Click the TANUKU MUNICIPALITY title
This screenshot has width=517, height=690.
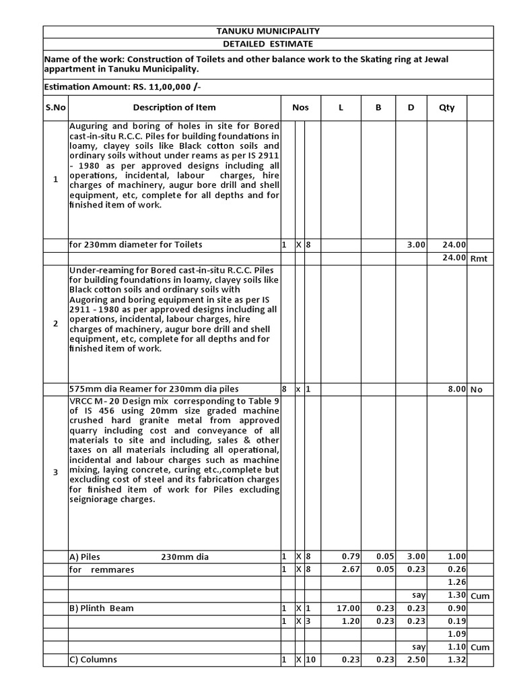click(x=268, y=32)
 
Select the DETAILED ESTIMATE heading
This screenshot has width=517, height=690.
click(x=268, y=44)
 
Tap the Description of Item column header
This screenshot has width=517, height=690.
click(x=174, y=108)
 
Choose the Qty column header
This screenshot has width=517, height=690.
click(x=446, y=108)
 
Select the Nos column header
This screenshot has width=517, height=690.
click(x=300, y=108)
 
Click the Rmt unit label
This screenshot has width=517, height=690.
click(x=478, y=258)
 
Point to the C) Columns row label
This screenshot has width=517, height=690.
click(x=93, y=660)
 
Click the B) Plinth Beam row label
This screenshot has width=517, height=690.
click(x=102, y=608)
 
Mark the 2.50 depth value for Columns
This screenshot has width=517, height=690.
click(x=415, y=660)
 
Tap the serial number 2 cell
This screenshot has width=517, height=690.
click(x=56, y=324)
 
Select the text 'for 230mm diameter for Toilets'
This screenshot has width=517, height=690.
click(x=135, y=245)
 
